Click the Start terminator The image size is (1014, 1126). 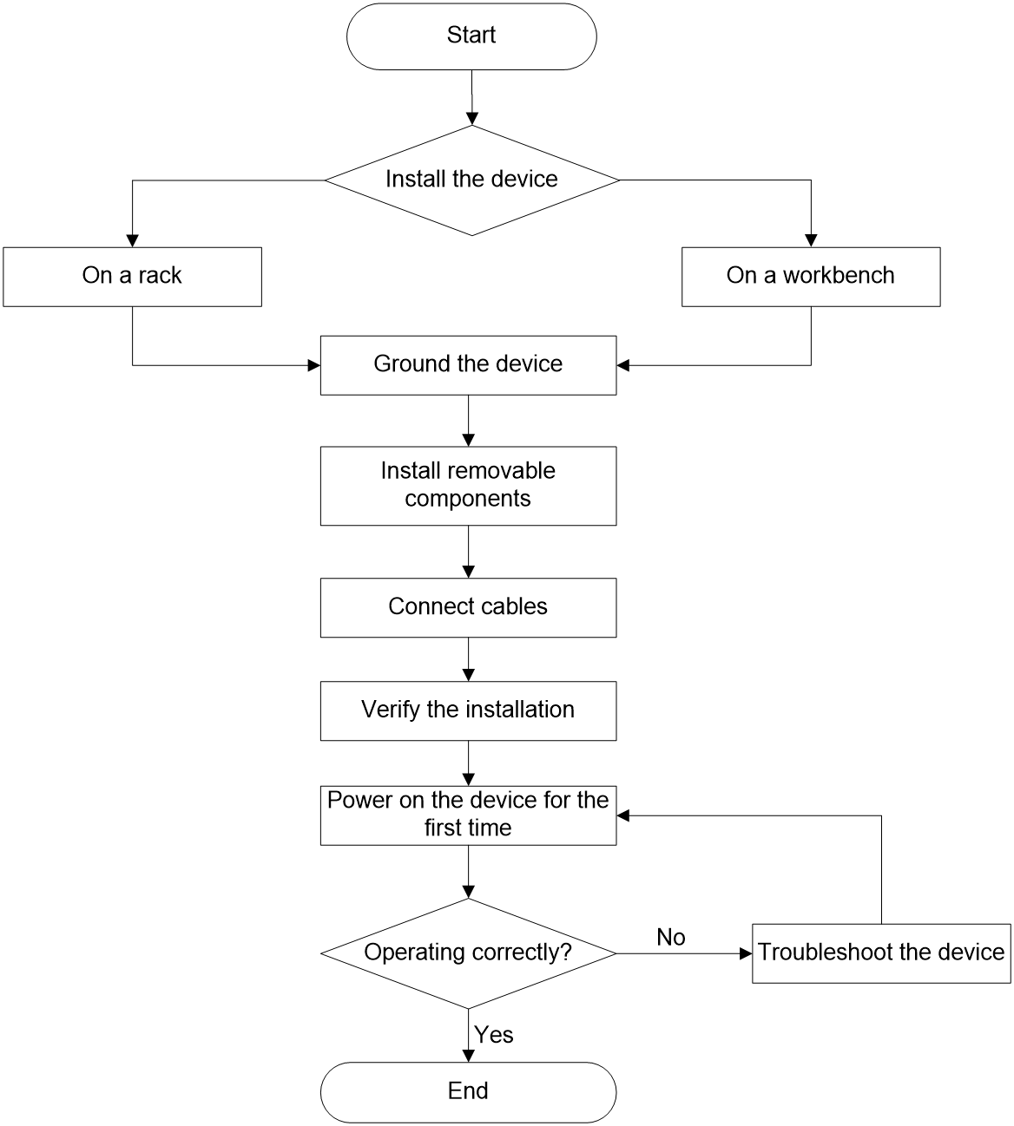(471, 36)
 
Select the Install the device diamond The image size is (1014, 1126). (472, 180)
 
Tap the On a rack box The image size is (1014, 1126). (133, 277)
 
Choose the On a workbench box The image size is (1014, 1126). (811, 277)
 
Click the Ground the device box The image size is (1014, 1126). (468, 365)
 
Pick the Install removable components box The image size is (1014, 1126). (468, 486)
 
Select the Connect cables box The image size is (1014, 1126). (468, 608)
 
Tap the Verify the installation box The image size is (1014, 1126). (468, 711)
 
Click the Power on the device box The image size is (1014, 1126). (468, 815)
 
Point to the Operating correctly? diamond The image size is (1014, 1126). (468, 953)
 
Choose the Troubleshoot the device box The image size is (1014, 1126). (881, 953)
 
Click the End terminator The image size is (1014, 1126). (468, 1092)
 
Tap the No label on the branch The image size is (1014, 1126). (671, 938)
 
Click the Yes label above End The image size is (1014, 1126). (493, 1035)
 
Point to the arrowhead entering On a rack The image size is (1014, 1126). (133, 241)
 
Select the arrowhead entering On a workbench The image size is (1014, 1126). (811, 241)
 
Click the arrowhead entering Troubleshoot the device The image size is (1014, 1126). (746, 953)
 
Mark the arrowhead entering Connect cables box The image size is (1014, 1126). (468, 572)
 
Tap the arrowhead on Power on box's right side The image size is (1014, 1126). (623, 815)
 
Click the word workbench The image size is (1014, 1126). (838, 276)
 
